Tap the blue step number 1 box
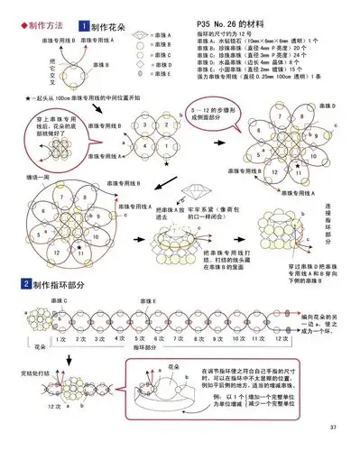[x=83, y=28]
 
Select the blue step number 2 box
[x=12, y=285]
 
